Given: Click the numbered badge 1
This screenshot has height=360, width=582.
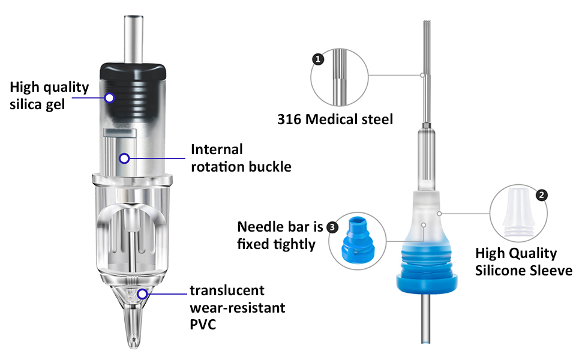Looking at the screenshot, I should click(x=318, y=59).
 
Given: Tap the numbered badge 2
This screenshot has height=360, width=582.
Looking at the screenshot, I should click(x=541, y=196).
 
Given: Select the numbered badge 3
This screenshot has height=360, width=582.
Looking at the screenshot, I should click(x=332, y=227).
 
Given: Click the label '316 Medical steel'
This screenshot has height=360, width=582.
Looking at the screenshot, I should click(x=335, y=119).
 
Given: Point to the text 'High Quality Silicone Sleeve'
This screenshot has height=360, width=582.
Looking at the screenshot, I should click(x=524, y=262).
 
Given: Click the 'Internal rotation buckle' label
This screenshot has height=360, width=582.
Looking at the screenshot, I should click(x=241, y=158).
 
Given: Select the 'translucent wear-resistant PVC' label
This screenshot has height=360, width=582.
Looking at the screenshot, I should click(x=238, y=308).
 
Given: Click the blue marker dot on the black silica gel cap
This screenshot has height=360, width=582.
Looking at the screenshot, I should click(x=110, y=97).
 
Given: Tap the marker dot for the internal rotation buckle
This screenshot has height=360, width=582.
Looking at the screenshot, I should click(x=124, y=158).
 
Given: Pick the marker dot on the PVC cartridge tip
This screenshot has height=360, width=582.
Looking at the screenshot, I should click(x=142, y=294).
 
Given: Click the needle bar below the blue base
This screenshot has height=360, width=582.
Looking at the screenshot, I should click(x=425, y=321).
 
